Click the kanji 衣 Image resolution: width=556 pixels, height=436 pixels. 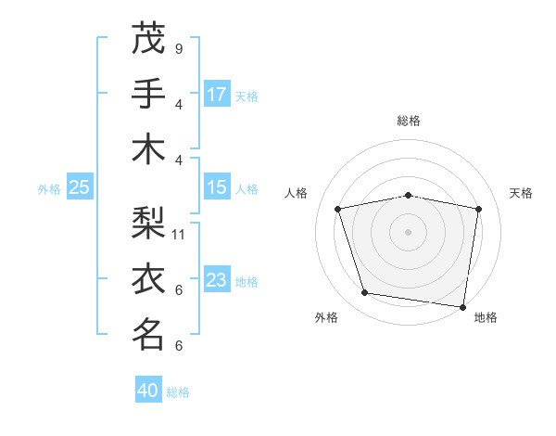pyautogui.click(x=148, y=278)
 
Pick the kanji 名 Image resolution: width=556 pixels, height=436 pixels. pyautogui.click(x=148, y=334)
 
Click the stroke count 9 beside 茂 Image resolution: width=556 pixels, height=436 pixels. pyautogui.click(x=178, y=48)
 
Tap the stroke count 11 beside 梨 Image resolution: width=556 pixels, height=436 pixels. pyautogui.click(x=179, y=234)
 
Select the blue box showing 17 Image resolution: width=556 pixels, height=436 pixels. pyautogui.click(x=217, y=95)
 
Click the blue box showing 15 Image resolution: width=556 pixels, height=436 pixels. pyautogui.click(x=217, y=187)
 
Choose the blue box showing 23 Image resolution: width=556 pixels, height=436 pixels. pyautogui.click(x=217, y=280)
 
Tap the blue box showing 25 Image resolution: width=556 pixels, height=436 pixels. pyautogui.click(x=79, y=187)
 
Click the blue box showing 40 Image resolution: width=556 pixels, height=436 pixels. pyautogui.click(x=148, y=391)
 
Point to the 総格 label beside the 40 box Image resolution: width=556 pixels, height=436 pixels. pyautogui.click(x=179, y=392)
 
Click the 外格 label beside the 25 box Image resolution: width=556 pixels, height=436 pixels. pyautogui.click(x=49, y=189)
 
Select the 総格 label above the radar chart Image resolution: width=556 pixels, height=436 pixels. pyautogui.click(x=408, y=121)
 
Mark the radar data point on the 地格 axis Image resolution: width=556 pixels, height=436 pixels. pyautogui.click(x=462, y=306)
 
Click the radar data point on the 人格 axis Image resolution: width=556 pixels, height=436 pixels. pyautogui.click(x=338, y=209)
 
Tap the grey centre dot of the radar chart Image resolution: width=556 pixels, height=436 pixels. pyautogui.click(x=408, y=231)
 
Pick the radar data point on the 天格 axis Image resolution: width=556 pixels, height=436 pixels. pyautogui.click(x=478, y=209)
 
